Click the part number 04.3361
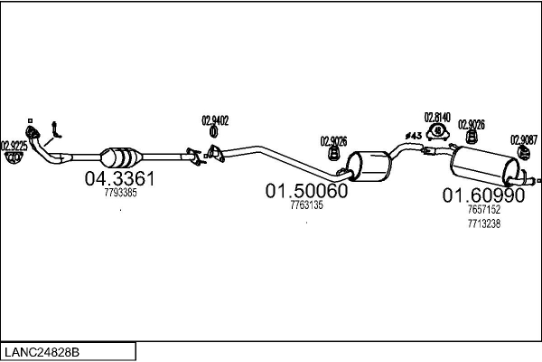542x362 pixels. pos(120,179)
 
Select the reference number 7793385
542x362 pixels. pos(120,193)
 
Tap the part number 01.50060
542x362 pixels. pos(306,192)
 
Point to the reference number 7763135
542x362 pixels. pos(306,205)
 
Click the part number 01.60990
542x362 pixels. pos(483,195)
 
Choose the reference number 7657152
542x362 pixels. pos(483,209)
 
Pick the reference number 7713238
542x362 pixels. pos(483,223)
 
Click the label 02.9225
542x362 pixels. pos(14,145)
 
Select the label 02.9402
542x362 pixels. pos(215,119)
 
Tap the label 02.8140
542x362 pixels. pos(438,117)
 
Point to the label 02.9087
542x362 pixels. pos(523,139)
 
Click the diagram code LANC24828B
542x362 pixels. pos(45,350)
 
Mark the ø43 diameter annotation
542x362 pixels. pos(413,136)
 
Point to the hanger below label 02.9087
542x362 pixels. pos(522,155)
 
